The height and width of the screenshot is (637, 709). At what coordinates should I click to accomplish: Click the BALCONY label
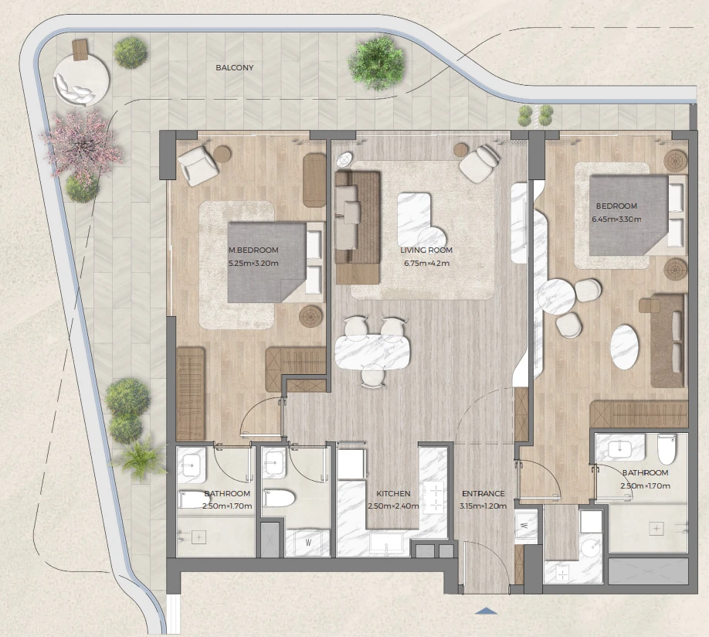[234, 68]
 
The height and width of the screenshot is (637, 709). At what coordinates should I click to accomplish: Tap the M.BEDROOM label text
[253, 250]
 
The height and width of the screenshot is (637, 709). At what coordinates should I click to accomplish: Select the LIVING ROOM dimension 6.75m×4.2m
[426, 263]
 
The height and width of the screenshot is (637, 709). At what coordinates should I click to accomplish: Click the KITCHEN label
[393, 493]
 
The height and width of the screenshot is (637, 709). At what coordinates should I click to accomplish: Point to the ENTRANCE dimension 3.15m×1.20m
[483, 506]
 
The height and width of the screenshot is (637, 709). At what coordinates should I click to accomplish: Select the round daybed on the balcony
[81, 80]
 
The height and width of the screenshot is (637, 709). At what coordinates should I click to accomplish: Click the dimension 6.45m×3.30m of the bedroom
[616, 219]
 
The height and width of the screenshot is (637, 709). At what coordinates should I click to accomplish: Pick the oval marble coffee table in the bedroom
[625, 347]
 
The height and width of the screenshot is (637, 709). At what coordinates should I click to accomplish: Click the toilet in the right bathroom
[667, 449]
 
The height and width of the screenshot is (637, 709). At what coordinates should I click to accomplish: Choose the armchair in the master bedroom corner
[198, 165]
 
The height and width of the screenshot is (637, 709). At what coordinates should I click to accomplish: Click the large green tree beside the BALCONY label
[376, 63]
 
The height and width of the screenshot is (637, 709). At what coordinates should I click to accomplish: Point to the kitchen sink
[385, 543]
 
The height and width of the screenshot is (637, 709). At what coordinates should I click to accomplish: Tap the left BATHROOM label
[227, 493]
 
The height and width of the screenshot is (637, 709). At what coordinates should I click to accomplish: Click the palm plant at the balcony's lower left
[140, 457]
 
